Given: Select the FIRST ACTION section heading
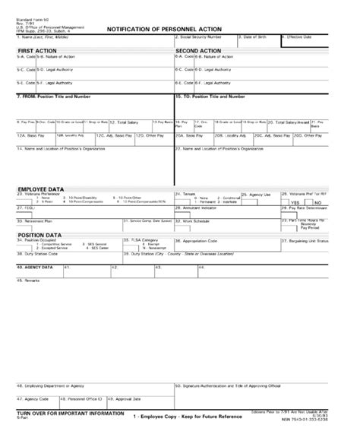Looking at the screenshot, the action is [x=36, y=49].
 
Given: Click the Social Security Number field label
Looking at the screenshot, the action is [x=201, y=36].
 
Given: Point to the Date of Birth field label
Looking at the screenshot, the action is [x=258, y=36].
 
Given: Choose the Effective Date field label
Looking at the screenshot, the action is [x=299, y=36].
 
